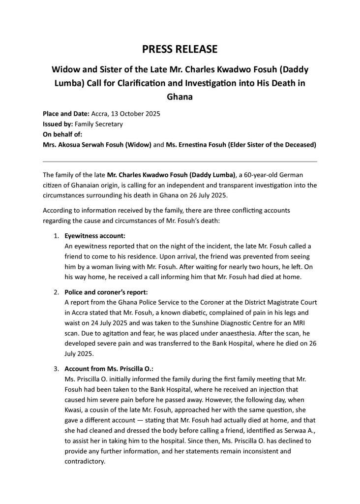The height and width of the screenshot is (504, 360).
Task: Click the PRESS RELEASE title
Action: [180, 49]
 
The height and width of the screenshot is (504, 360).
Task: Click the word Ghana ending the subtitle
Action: [180, 97]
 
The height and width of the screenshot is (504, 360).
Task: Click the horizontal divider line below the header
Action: [180, 161]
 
